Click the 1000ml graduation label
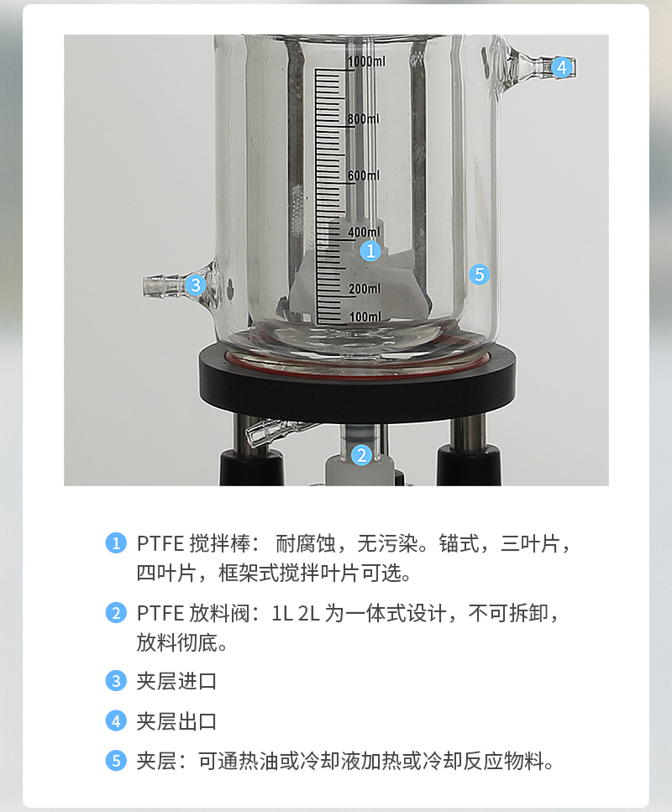(x=366, y=61)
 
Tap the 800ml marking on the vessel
(x=363, y=118)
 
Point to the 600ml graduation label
(x=363, y=175)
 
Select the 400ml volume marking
(x=364, y=232)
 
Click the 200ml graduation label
(x=365, y=289)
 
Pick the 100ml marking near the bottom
(x=365, y=316)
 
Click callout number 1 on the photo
(x=370, y=251)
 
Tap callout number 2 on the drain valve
(x=362, y=455)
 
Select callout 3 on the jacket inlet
(x=196, y=285)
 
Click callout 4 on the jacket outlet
(x=562, y=67)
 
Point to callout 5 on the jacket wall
(x=480, y=275)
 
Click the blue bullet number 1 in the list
(x=116, y=543)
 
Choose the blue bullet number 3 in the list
(x=116, y=681)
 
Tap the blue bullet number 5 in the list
(x=116, y=762)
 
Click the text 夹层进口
(x=176, y=681)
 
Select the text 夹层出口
(x=176, y=721)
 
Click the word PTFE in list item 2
(x=160, y=614)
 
